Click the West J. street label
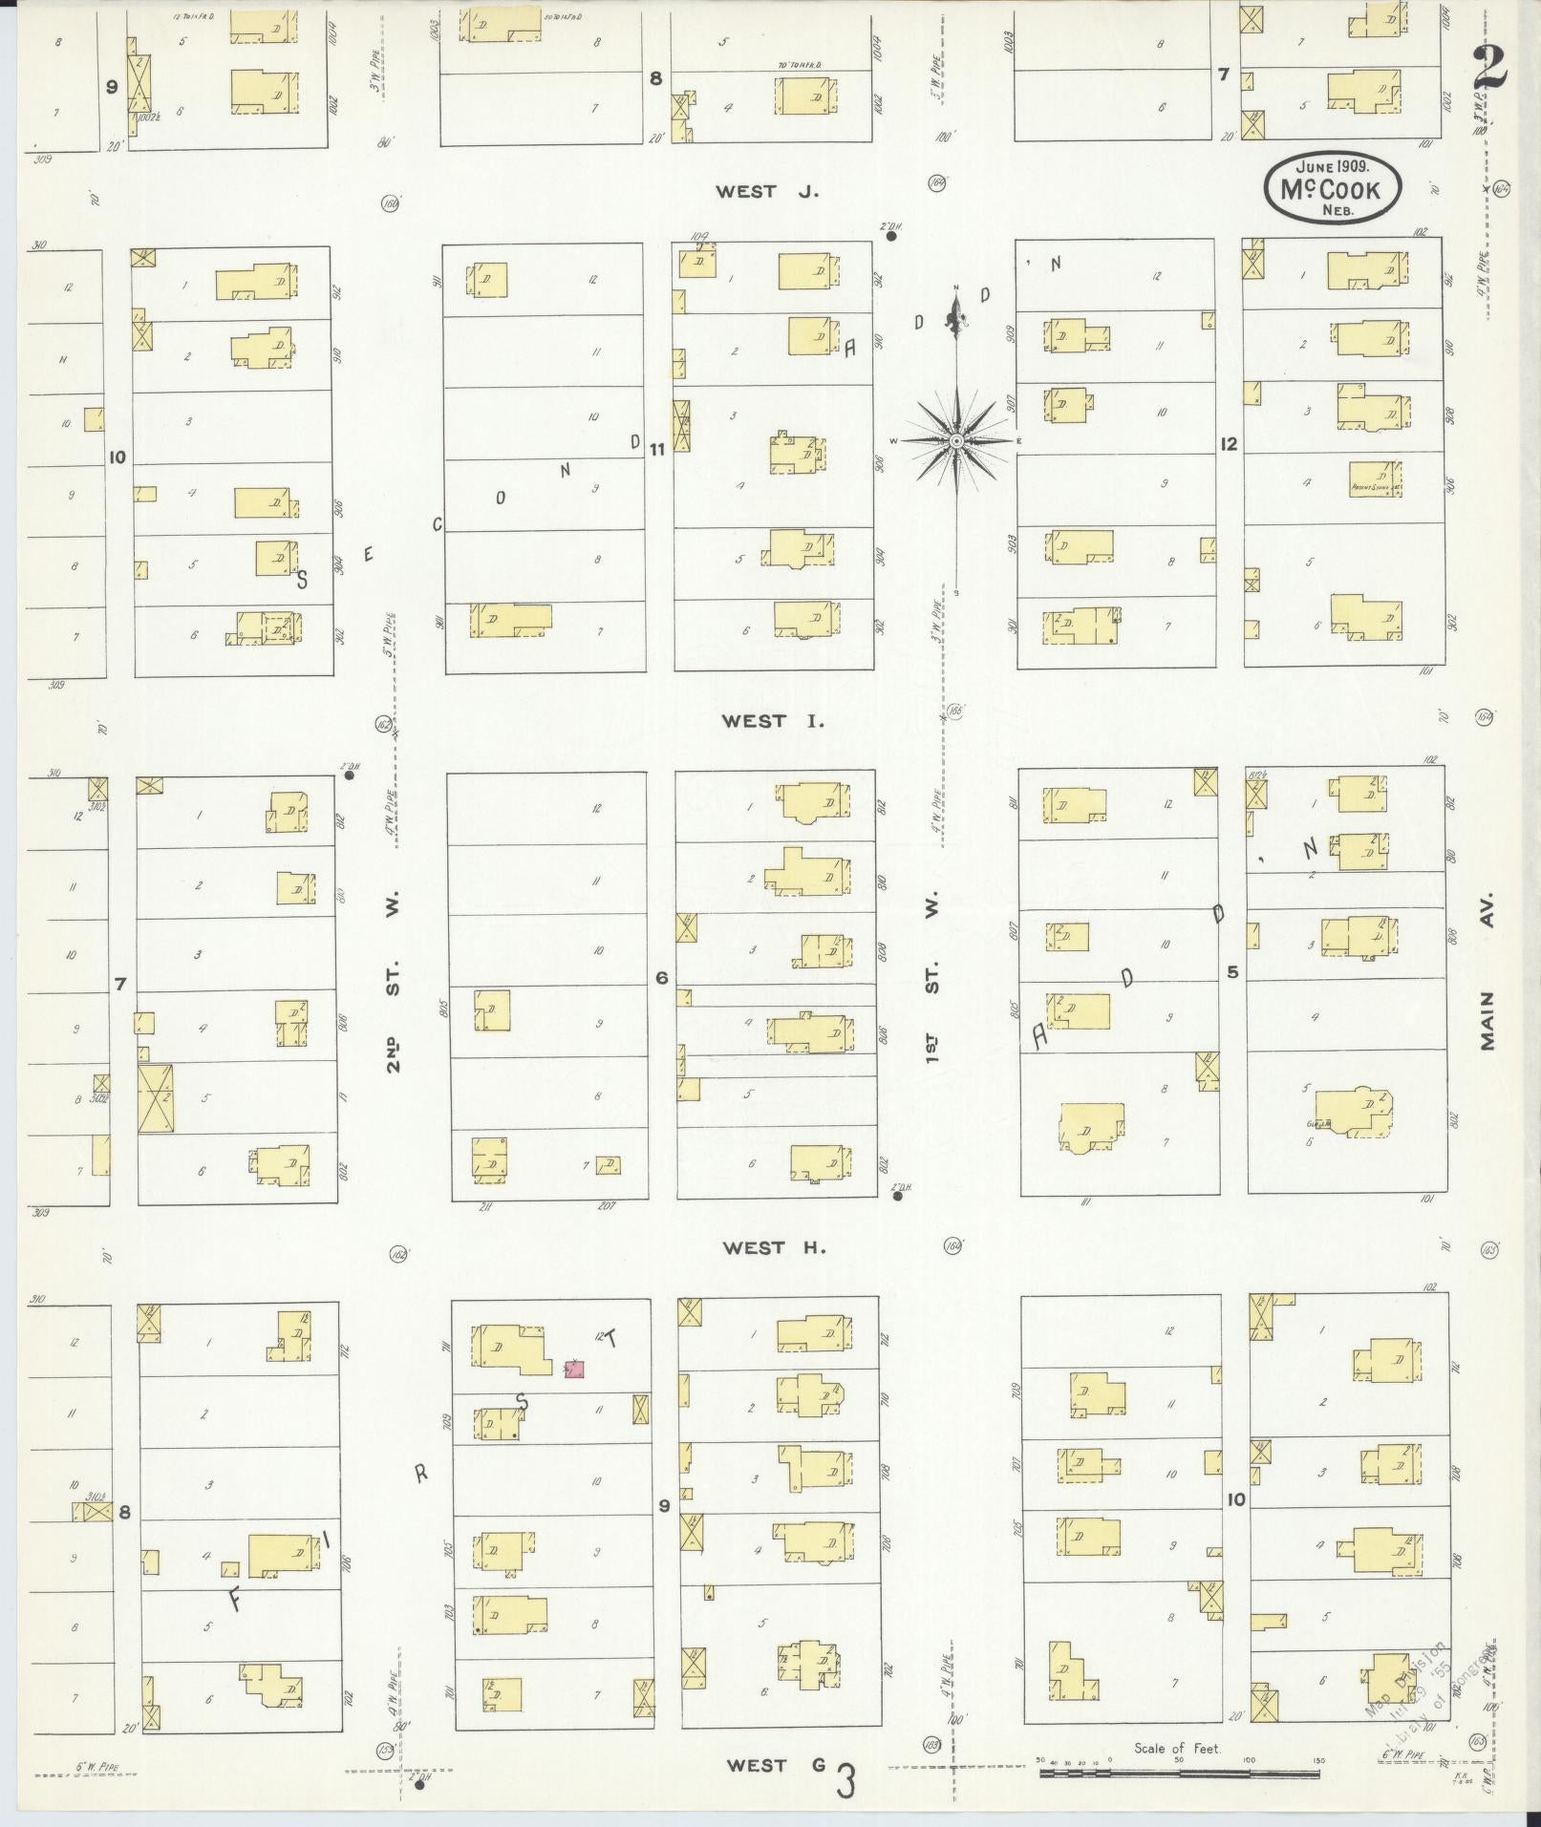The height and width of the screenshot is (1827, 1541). [x=768, y=192]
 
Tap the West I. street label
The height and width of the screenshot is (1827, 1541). [x=772, y=721]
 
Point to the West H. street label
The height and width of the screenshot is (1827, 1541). [x=773, y=1247]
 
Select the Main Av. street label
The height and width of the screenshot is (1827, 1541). [x=1487, y=979]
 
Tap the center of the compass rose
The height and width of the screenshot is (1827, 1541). [x=956, y=440]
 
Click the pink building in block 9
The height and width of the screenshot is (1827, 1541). [x=574, y=1370]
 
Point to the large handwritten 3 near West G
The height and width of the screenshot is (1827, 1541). [x=845, y=1781]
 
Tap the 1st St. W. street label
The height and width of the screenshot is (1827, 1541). [x=932, y=979]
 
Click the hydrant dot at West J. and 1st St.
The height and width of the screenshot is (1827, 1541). [x=890, y=236]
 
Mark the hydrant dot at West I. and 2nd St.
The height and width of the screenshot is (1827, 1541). [x=350, y=775]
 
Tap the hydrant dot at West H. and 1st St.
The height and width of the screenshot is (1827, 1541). [x=897, y=1196]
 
